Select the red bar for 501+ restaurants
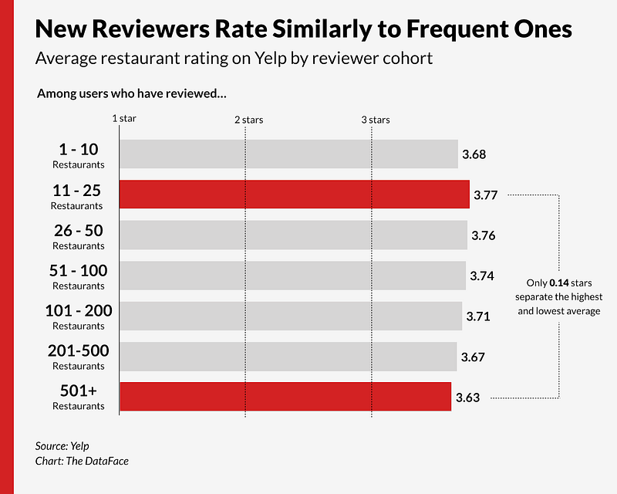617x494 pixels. click(285, 396)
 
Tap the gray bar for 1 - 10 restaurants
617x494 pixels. click(288, 154)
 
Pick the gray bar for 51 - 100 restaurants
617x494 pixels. click(292, 276)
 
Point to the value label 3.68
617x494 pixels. click(474, 154)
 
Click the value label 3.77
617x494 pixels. click(485, 195)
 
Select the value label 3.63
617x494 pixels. click(467, 398)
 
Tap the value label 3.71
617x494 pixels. click(478, 316)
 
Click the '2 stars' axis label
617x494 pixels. click(248, 120)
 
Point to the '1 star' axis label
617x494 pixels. click(124, 119)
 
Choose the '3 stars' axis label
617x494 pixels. click(376, 120)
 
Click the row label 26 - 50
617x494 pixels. click(77, 231)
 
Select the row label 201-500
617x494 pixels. click(77, 351)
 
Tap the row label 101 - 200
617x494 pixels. click(77, 311)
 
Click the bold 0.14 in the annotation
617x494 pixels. click(558, 283)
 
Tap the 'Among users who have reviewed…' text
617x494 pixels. click(131, 94)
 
